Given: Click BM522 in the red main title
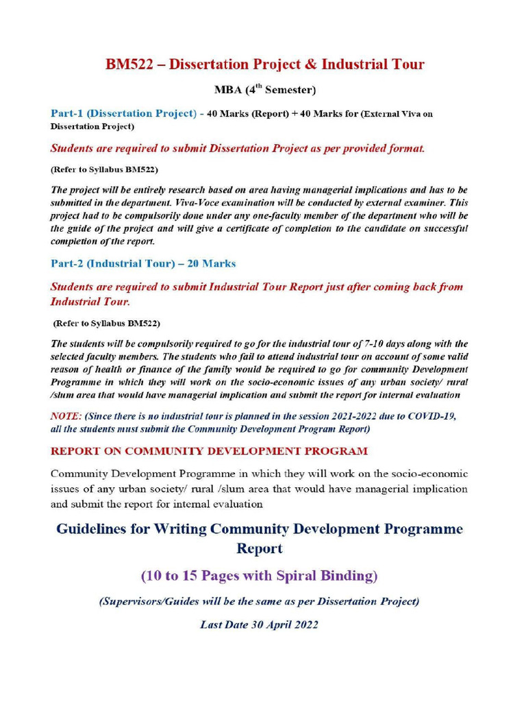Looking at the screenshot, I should tap(129, 64).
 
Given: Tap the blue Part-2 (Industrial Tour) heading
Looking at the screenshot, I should tap(113, 263).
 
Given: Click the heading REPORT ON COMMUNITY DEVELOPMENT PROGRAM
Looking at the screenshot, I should tap(209, 451).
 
